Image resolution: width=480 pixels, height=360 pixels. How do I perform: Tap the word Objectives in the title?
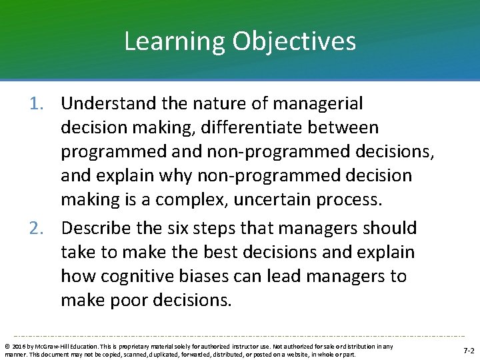click(294, 41)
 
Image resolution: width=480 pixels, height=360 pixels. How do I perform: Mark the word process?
click(355, 199)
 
